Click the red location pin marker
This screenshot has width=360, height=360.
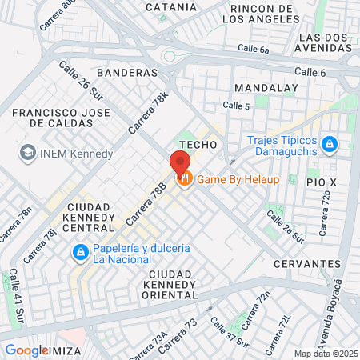pyautogui.click(x=178, y=164)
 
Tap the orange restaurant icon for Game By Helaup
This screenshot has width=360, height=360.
pyautogui.click(x=185, y=179)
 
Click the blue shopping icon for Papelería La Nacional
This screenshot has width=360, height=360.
pyautogui.click(x=80, y=254)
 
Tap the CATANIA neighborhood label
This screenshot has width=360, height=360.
pyautogui.click(x=170, y=8)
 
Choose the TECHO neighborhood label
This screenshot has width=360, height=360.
pyautogui.click(x=198, y=144)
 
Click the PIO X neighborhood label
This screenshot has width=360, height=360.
pyautogui.click(x=322, y=182)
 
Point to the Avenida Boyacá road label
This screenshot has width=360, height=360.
pyautogui.click(x=338, y=308)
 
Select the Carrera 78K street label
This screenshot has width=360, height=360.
pyautogui.click(x=149, y=113)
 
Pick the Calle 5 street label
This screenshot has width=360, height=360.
pyautogui.click(x=238, y=106)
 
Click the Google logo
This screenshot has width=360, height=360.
pyautogui.click(x=27, y=350)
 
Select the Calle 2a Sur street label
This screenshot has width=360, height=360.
pyautogui.click(x=286, y=226)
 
